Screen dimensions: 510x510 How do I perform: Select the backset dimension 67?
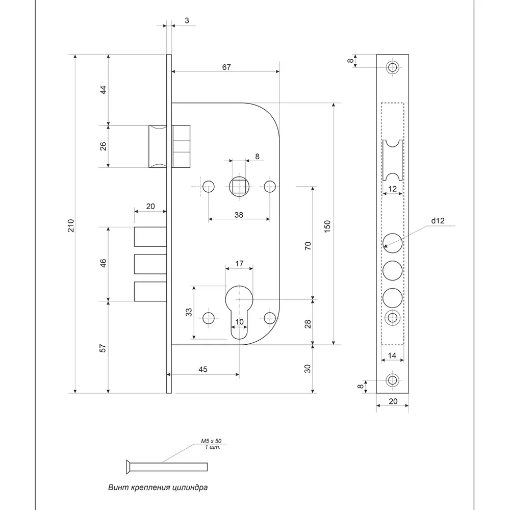tap(226, 67)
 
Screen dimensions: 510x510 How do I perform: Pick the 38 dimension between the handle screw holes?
tap(239, 215)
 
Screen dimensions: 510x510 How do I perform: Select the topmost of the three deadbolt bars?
tap(150, 236)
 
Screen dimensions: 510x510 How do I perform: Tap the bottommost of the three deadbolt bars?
tap(150, 291)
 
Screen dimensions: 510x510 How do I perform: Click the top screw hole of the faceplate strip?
tap(392, 67)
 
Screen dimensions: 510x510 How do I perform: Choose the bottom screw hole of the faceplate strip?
tap(392, 380)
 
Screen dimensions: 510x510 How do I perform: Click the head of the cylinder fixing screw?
tap(127, 465)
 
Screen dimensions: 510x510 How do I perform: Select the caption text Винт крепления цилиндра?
tap(158, 487)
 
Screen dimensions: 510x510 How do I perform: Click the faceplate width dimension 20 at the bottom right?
tap(393, 401)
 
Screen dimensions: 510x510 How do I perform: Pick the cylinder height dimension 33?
tap(189, 312)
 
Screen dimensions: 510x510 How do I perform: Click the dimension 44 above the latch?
tap(103, 89)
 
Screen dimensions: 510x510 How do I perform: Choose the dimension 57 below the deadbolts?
tap(103, 348)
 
